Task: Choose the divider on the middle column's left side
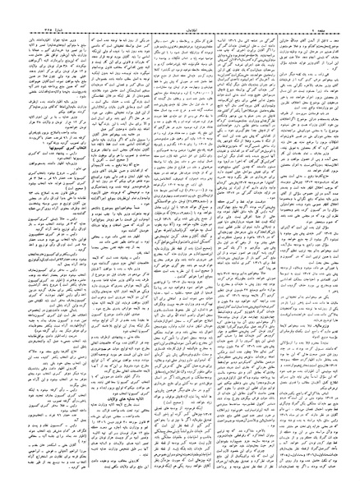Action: pos(145,246)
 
